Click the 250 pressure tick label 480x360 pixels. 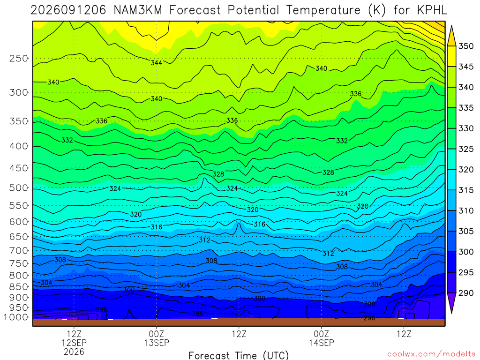pos(19,58)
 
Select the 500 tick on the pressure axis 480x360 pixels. pos(19,187)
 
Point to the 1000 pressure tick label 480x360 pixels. pos(16,317)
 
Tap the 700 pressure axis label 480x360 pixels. pos(19,251)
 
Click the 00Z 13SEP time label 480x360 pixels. pos(157,338)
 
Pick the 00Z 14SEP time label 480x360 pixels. pos(322,338)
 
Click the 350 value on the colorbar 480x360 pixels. pos(465,46)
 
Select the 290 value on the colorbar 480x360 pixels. pos(465,293)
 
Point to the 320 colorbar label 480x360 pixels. pos(465,170)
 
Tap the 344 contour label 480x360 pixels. pos(157,63)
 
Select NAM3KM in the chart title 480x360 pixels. pos(138,10)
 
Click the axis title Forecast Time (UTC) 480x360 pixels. pos(239,355)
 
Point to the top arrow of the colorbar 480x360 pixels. pos(452,36)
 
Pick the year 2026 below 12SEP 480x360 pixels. pos(74,352)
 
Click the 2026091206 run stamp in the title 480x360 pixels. pos(68,10)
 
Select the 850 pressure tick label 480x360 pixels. pos(19,287)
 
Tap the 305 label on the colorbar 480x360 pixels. pos(465,231)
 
